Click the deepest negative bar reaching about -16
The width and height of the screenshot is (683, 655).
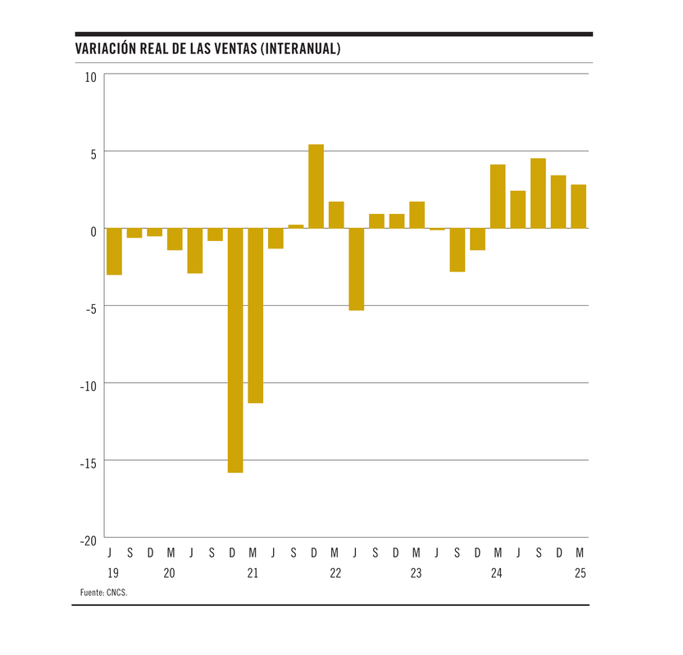click(x=235, y=350)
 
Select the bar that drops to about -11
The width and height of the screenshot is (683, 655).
click(x=256, y=316)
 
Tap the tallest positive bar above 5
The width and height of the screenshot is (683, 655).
click(x=316, y=186)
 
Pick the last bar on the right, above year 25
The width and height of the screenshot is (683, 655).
click(x=579, y=207)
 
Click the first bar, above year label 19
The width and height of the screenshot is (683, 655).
click(x=114, y=252)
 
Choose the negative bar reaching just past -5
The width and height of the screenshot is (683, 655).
click(x=356, y=269)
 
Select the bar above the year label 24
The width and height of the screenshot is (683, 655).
click(x=498, y=197)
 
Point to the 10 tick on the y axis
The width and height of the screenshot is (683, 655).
click(x=89, y=76)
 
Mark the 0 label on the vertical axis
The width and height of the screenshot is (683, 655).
click(x=93, y=231)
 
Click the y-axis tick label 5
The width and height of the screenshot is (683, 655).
click(x=93, y=153)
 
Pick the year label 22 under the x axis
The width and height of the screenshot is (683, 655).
click(x=335, y=574)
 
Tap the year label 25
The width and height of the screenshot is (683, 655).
click(x=580, y=574)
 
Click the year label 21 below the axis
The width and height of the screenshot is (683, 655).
click(x=253, y=574)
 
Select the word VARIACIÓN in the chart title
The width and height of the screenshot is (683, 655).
click(x=104, y=49)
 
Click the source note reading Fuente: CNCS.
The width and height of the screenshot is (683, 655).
click(x=104, y=592)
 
